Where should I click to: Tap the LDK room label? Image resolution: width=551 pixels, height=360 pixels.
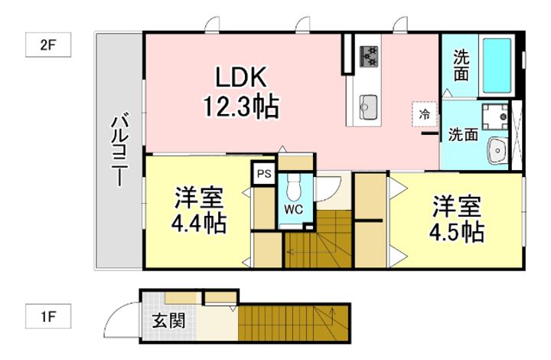point(240,77)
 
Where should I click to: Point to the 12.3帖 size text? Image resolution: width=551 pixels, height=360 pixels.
point(240,105)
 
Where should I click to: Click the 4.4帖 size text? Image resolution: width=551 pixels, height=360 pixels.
point(198,224)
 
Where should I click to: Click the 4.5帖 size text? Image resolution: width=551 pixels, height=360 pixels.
point(457,231)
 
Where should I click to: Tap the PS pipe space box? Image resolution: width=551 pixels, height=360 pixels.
point(264,174)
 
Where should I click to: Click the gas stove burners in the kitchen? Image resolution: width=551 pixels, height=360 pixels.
point(370,54)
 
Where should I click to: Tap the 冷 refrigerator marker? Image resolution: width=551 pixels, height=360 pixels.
point(424,113)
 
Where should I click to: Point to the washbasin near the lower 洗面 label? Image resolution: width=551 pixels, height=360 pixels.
point(497,150)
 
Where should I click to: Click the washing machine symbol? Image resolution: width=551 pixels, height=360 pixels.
point(497,116)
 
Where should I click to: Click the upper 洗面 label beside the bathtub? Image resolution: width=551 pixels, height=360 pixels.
point(461,64)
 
